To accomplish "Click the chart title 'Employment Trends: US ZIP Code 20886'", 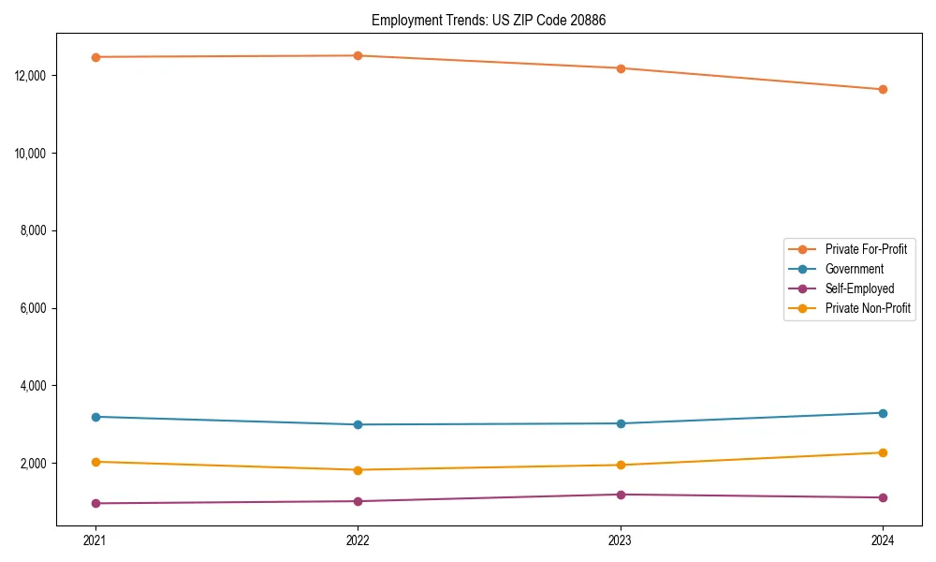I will coord(489,20).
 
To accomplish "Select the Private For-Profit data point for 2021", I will coord(95,57).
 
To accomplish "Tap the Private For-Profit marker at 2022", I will coord(358,55).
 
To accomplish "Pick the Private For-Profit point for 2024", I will coord(883,90).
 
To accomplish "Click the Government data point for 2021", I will coord(95,417).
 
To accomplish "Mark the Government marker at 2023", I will coord(620,423).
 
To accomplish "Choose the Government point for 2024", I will coord(883,413).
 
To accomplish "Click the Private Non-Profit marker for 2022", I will coord(358,470).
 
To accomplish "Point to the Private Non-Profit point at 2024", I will coord(883,452).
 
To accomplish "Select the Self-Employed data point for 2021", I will coord(95,503).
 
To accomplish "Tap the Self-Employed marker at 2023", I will coord(620,495).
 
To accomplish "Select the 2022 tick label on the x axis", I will coord(358,540).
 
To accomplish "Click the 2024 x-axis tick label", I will coord(883,540).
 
